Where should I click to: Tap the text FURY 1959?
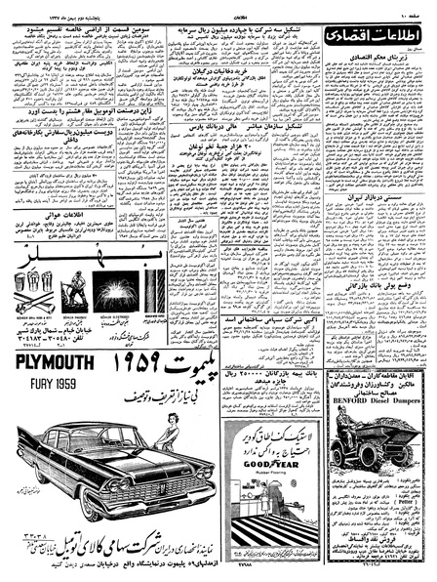tap(44, 384)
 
